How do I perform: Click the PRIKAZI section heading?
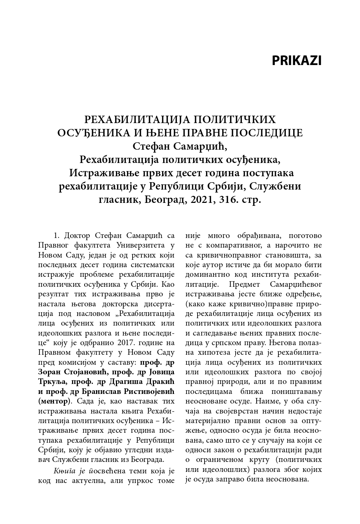coord(296,61)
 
